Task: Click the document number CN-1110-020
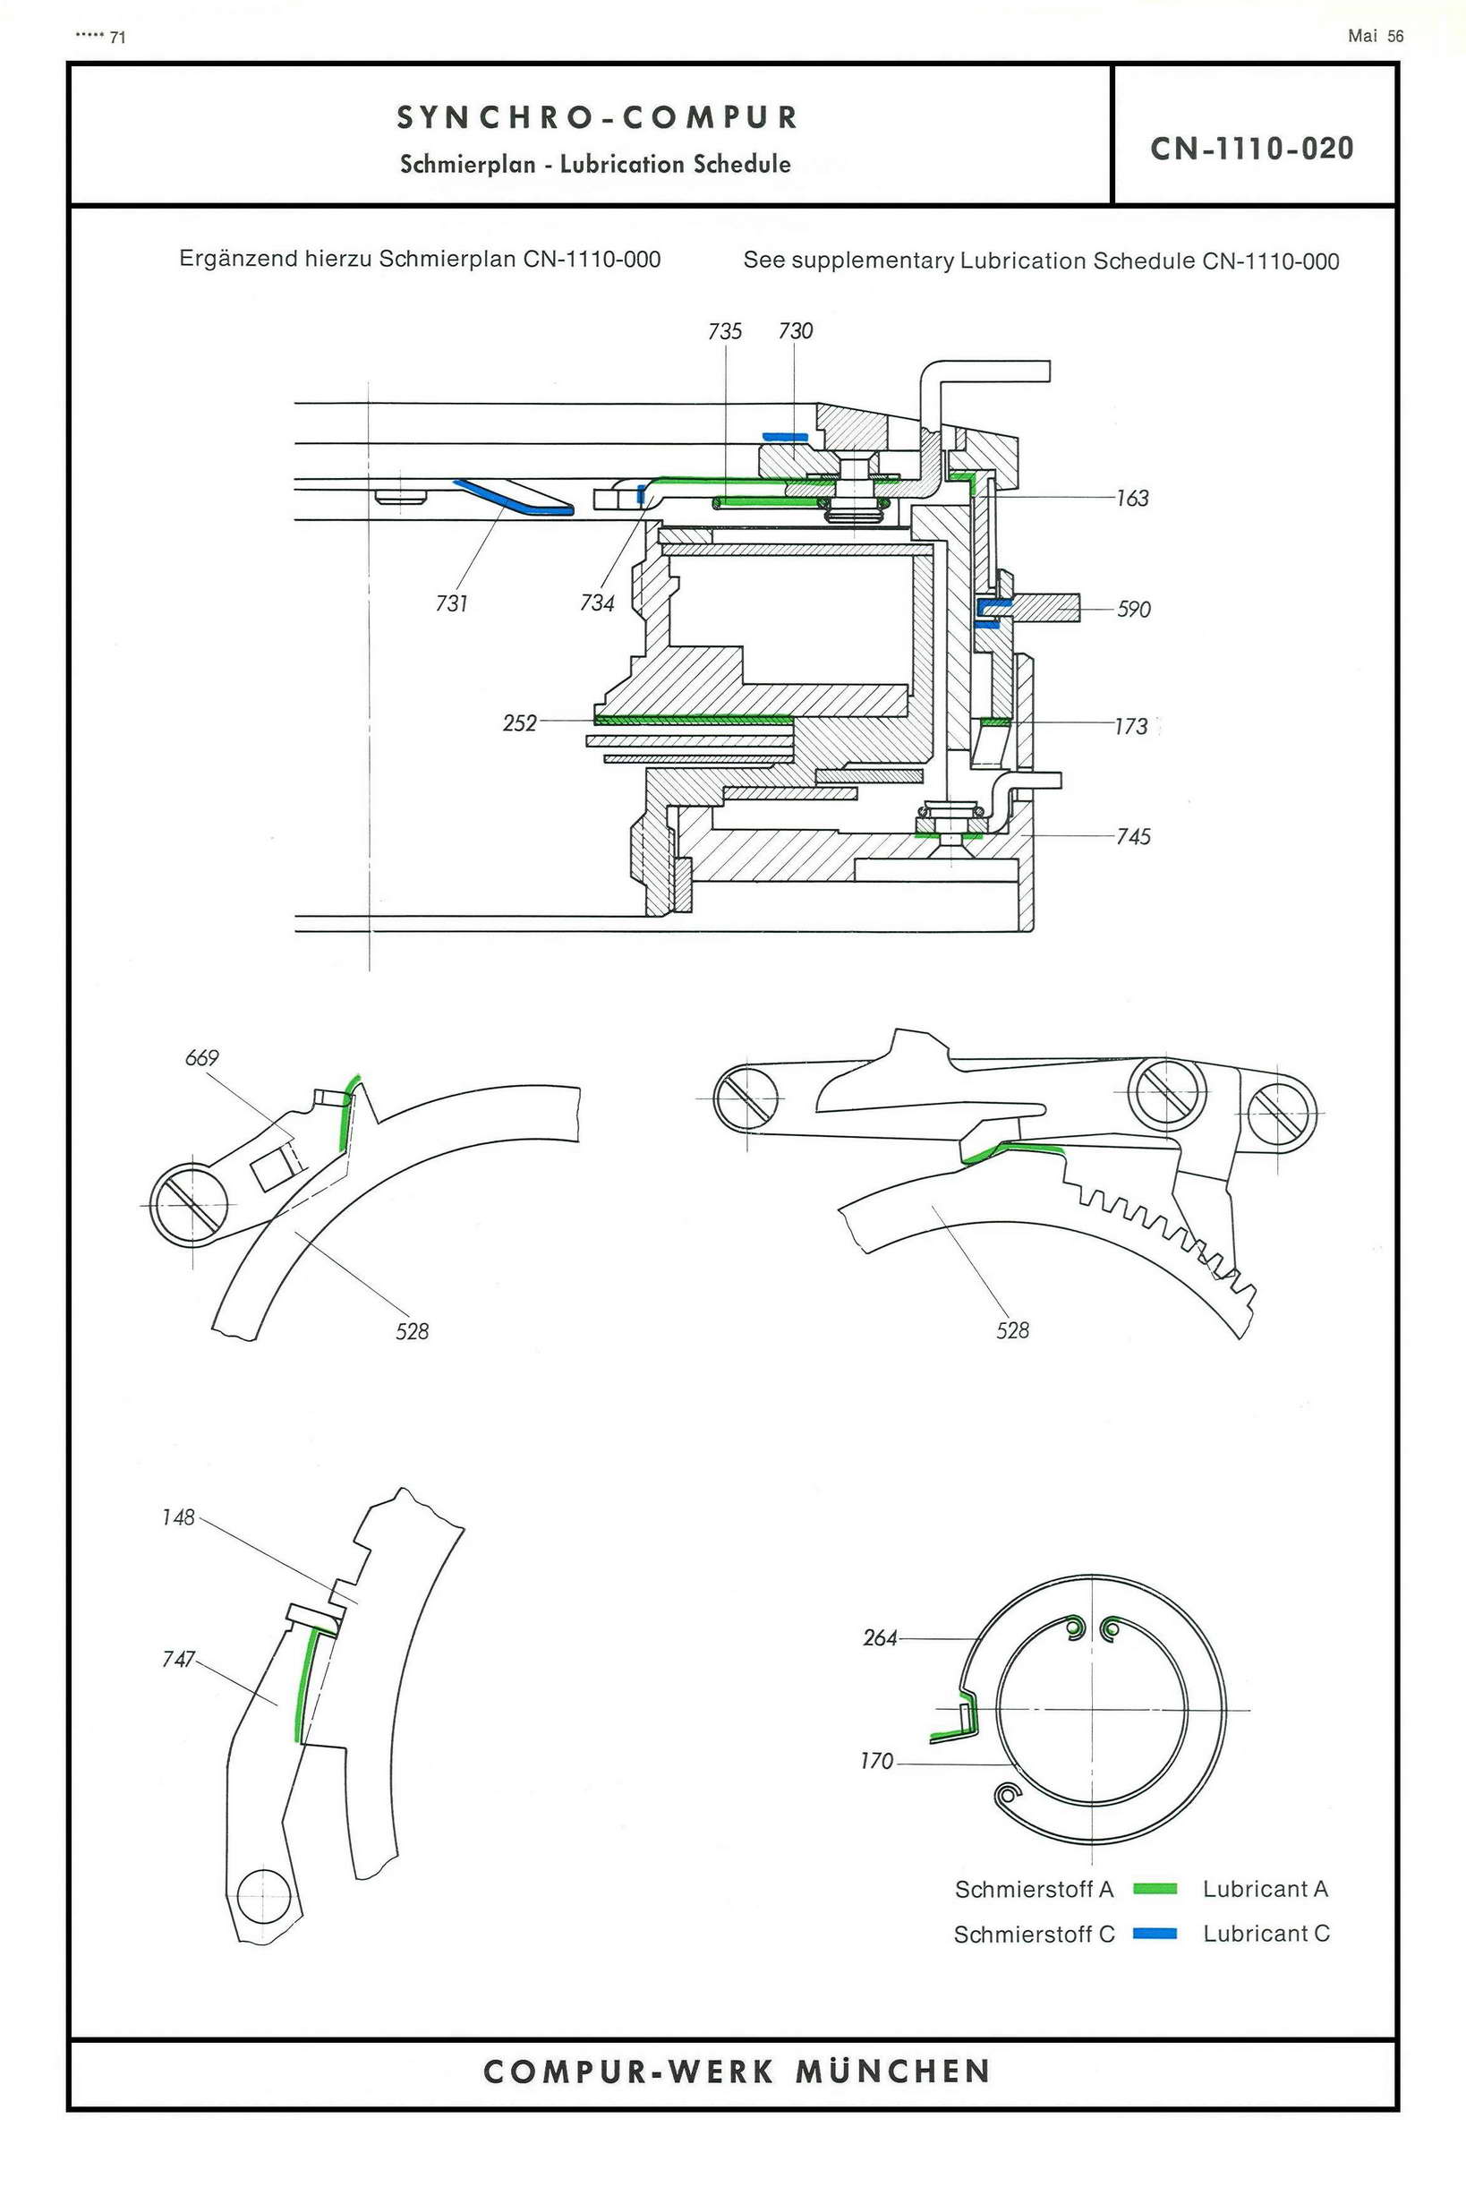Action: [1252, 149]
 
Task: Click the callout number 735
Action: [725, 331]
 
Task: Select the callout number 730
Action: [795, 331]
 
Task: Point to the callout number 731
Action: [452, 604]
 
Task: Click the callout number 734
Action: [596, 603]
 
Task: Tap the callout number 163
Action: [1132, 499]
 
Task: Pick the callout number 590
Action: [1133, 610]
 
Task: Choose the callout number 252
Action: [520, 722]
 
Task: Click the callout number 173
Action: [1130, 727]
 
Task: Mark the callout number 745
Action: [1133, 837]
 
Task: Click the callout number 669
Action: [202, 1057]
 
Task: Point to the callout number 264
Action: [880, 1638]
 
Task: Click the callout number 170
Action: [876, 1762]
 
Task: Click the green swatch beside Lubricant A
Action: [1155, 1889]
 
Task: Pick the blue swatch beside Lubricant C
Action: [1155, 1934]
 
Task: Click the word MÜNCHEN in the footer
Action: [893, 2071]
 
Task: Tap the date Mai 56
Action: [1376, 37]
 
